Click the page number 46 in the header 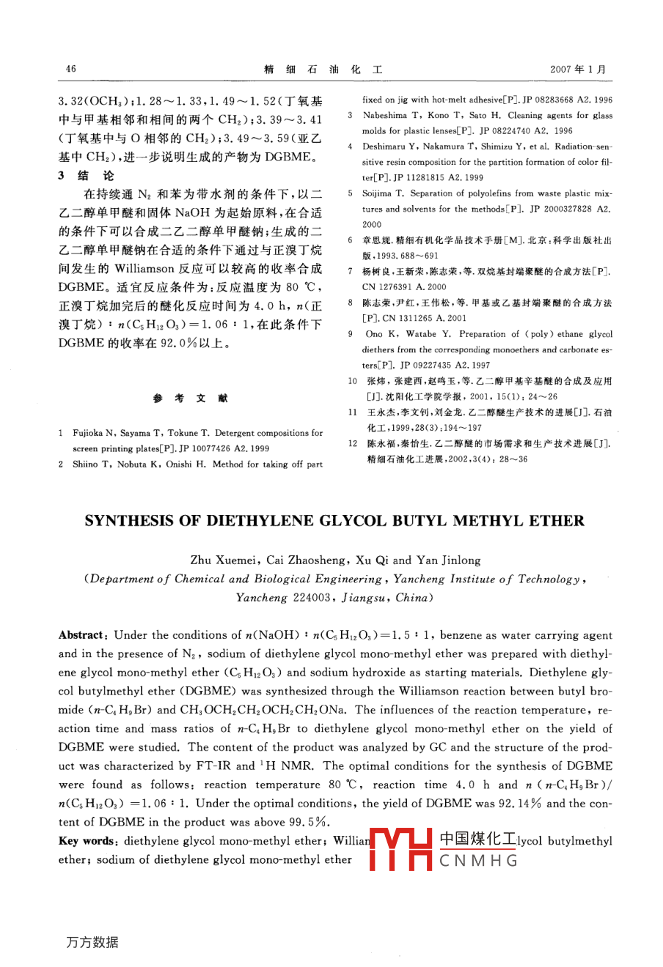[x=70, y=70]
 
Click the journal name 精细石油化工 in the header [x=323, y=70]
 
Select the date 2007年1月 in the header [x=578, y=70]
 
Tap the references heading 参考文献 [x=191, y=398]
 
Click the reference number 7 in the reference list [x=351, y=271]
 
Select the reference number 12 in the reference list [x=353, y=443]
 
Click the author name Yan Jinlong [x=448, y=560]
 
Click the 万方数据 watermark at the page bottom [x=91, y=942]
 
